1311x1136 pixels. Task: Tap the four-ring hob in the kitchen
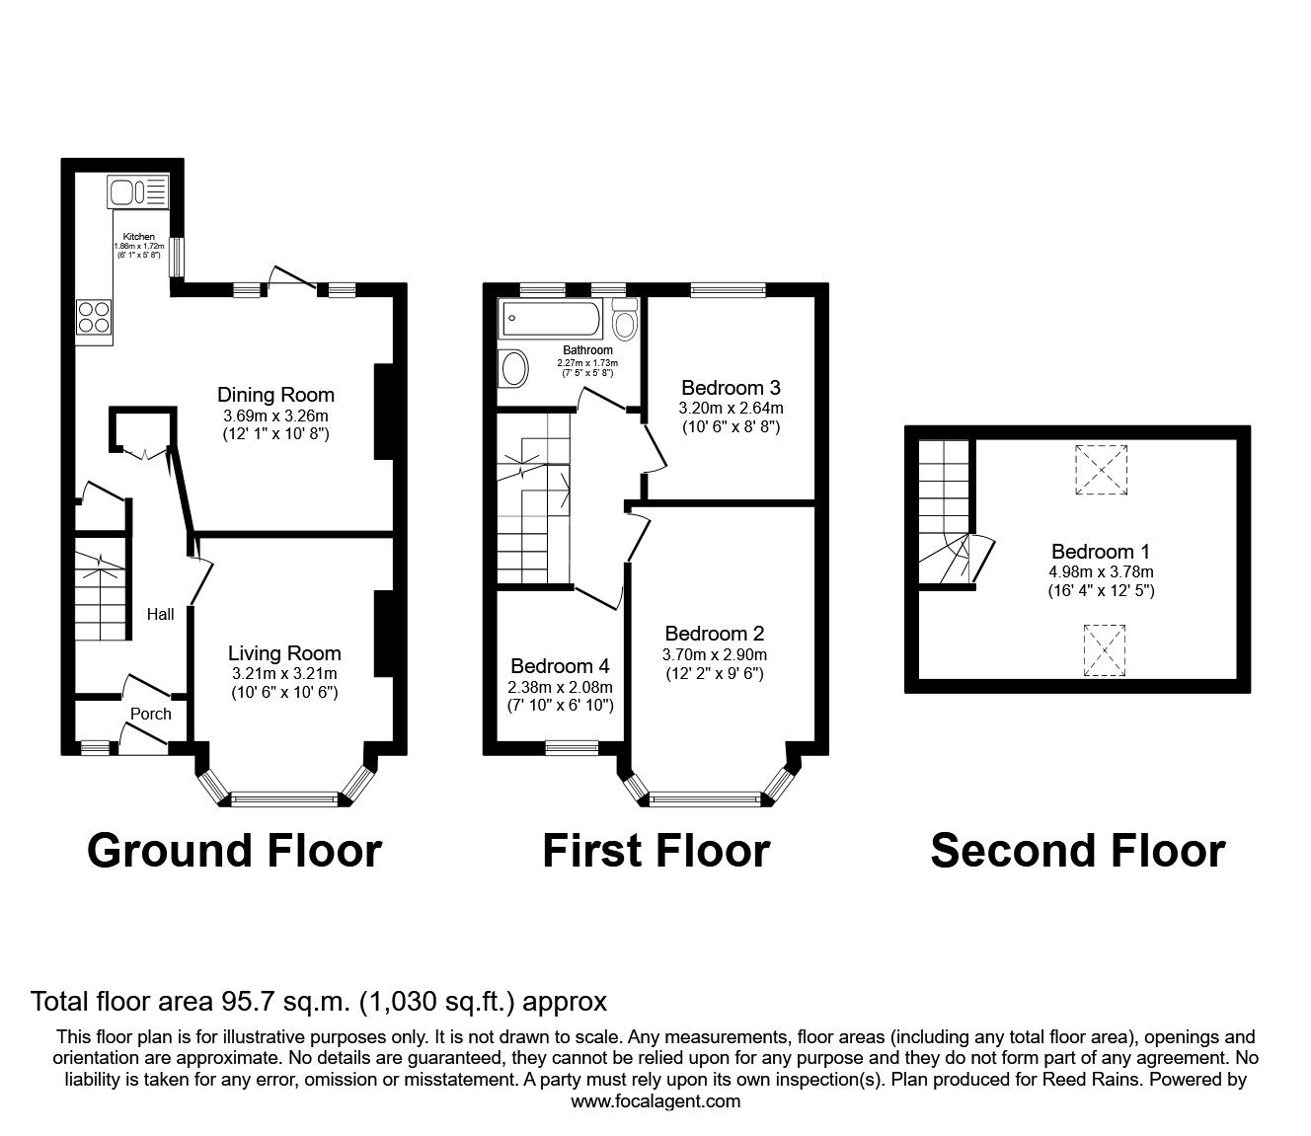tap(95, 316)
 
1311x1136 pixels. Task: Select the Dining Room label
tap(275, 395)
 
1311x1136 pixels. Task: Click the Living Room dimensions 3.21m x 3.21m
tap(283, 673)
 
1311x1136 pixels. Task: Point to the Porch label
tap(150, 714)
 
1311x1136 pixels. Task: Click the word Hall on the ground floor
tap(160, 614)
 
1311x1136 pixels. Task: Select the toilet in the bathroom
tap(624, 321)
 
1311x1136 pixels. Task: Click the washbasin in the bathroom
tap(514, 369)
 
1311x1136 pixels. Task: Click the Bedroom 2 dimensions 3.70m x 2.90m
tap(714, 654)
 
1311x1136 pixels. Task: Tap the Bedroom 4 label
tap(561, 666)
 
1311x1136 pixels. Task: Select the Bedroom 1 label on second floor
tap(1100, 552)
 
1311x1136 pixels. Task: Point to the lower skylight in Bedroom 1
tap(1105, 650)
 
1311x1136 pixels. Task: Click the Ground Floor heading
tap(234, 850)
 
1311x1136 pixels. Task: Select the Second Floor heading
tap(1077, 850)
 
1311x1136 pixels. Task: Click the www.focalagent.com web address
tap(655, 1101)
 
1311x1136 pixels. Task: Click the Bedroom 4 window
tap(572, 747)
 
